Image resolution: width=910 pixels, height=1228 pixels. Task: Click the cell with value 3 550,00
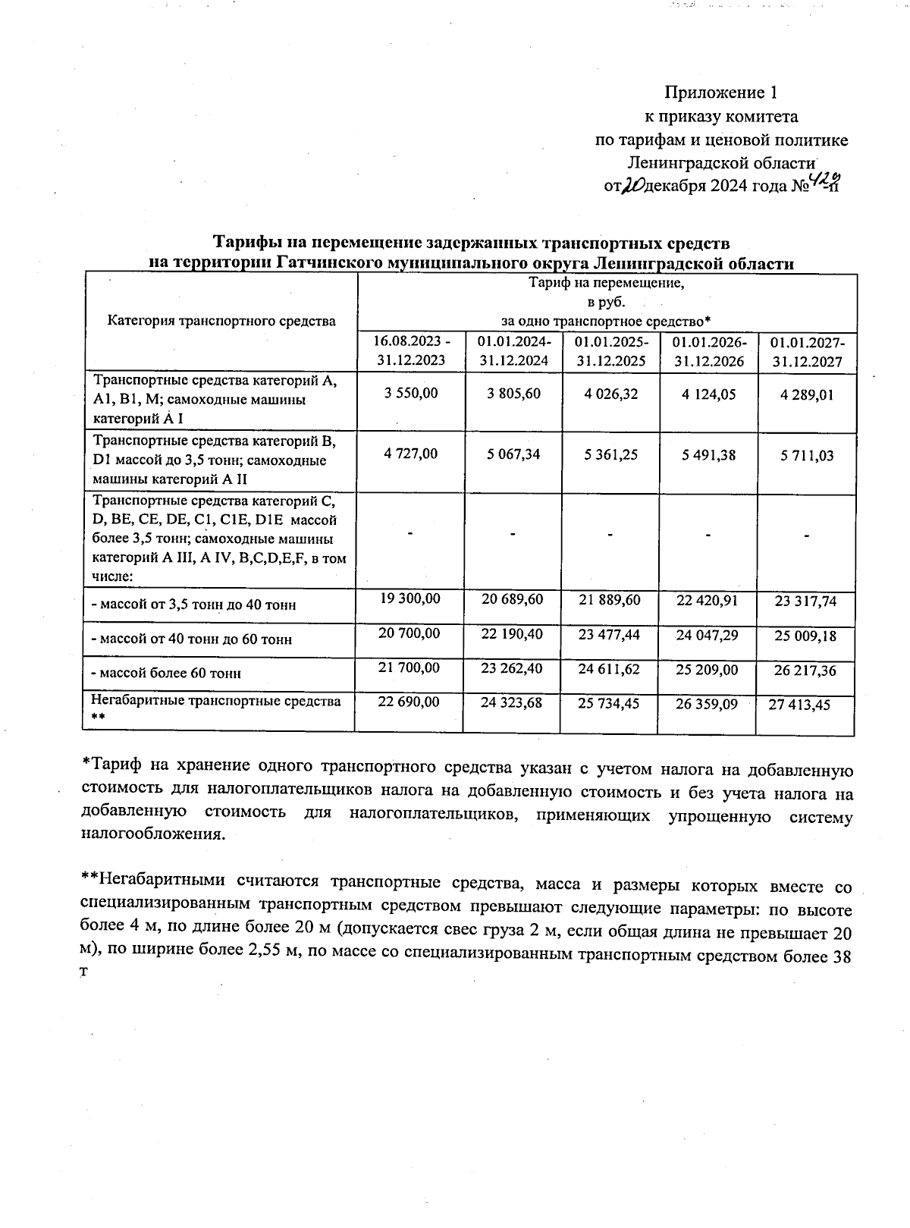pos(410,394)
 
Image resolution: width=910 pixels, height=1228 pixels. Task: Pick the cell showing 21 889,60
pos(609,599)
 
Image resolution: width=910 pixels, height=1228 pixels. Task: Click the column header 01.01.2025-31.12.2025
pos(610,351)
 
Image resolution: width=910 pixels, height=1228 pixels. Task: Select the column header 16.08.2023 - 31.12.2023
pos(410,351)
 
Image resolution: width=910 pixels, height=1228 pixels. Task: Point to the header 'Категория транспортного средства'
pos(221,321)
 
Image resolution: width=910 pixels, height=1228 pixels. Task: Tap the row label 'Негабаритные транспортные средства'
pos(216,701)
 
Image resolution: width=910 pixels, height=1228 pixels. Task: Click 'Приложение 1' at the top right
pos(720,93)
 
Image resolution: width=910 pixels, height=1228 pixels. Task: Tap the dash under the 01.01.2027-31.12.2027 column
pos(807,535)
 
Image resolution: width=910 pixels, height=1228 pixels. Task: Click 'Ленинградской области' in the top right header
pos(720,163)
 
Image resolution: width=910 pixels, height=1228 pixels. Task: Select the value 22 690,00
pos(409,702)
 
